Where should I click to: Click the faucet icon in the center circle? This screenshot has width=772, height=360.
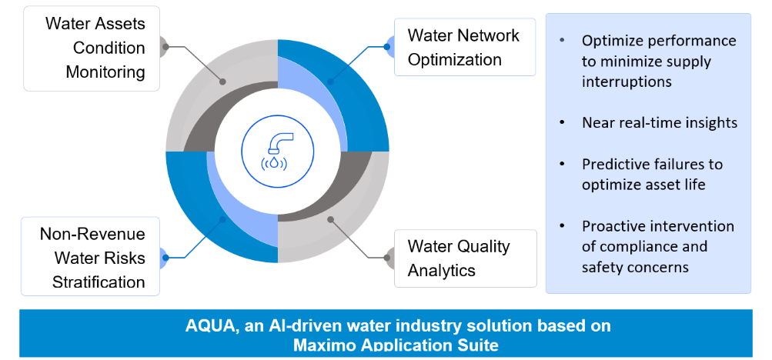point(277,152)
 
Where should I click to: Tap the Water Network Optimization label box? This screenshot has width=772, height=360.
point(465,47)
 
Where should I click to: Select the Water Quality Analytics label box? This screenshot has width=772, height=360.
point(465,258)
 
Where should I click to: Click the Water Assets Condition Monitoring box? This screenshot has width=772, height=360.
point(92,48)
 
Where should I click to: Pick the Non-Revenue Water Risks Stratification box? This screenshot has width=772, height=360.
point(90,256)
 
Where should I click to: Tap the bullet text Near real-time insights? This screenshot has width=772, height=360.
point(660,122)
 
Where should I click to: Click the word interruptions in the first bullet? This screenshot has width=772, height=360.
point(627,82)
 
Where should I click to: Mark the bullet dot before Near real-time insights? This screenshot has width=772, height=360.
point(562,122)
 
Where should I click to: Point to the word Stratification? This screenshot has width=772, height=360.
point(99,282)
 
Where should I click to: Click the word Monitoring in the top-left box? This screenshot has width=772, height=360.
point(105,73)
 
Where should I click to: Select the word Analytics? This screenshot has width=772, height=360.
point(442,271)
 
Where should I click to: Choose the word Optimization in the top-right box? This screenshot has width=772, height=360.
point(454,60)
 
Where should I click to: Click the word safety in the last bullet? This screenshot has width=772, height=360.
point(602,268)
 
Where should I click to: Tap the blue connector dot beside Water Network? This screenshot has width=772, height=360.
point(387,47)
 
